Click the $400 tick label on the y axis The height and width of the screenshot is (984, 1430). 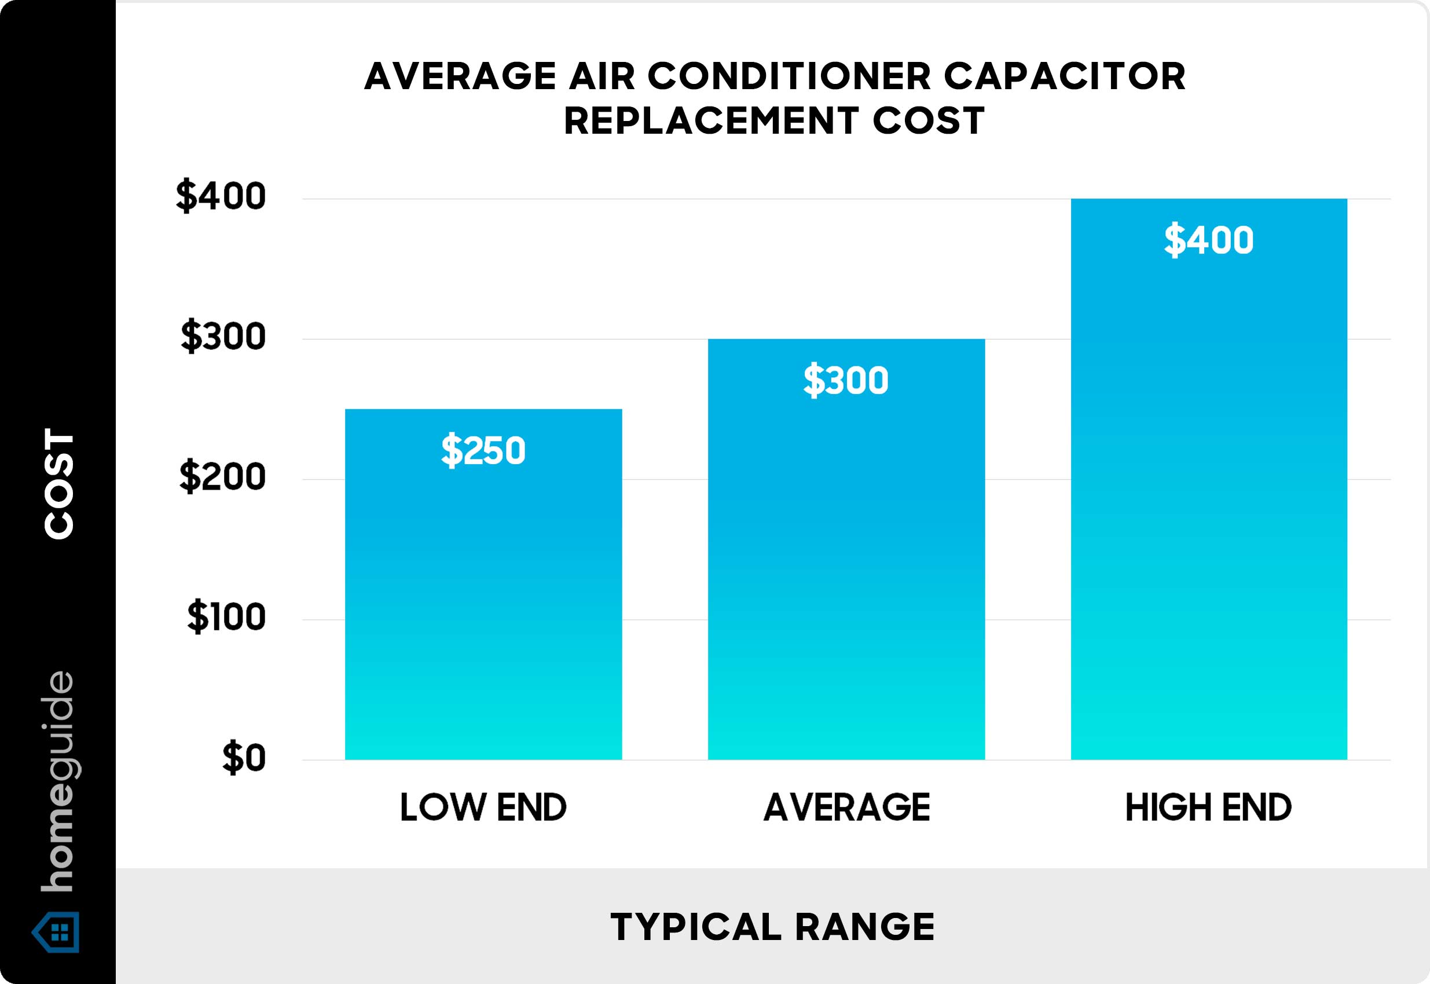(x=221, y=197)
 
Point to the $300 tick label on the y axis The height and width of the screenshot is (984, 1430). (x=223, y=337)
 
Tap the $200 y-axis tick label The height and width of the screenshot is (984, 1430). (x=222, y=477)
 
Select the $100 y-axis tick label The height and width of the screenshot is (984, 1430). (x=226, y=617)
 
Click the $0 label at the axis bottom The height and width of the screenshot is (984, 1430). (x=244, y=758)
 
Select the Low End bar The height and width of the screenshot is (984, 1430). (x=483, y=604)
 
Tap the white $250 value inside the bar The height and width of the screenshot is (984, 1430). (x=483, y=450)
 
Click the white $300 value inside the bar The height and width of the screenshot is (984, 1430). (x=845, y=380)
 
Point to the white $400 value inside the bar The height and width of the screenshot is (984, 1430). (x=1209, y=240)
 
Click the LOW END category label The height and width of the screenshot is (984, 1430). (x=483, y=807)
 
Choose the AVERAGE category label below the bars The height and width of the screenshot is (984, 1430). (x=846, y=807)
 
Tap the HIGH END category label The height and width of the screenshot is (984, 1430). (x=1208, y=807)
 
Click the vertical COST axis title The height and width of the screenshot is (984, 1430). (x=59, y=484)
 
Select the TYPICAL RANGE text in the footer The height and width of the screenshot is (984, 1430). (x=772, y=927)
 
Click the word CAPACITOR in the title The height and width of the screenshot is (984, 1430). (x=1064, y=76)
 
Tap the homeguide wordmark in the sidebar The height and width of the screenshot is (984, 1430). (x=59, y=781)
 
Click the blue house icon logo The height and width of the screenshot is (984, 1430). (x=57, y=931)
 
